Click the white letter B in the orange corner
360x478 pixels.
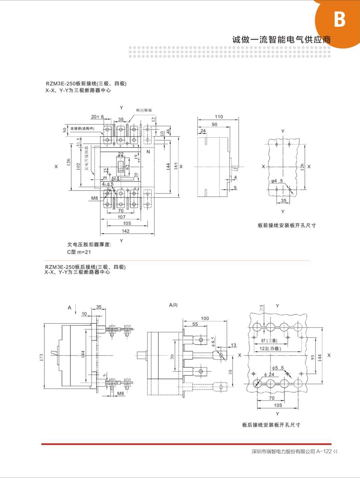click(x=339, y=19)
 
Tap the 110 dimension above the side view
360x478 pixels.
click(x=219, y=117)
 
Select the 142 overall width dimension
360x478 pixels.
click(x=126, y=231)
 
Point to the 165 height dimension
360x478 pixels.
click(x=176, y=166)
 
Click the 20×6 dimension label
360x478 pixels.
click(x=97, y=117)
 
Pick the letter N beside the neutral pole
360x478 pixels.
click(x=148, y=152)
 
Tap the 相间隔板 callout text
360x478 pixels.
click(x=144, y=110)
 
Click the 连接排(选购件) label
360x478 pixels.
click(x=82, y=129)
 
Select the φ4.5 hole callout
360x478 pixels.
click(x=277, y=181)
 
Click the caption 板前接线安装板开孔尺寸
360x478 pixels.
click(x=287, y=225)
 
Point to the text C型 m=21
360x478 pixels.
click(x=79, y=252)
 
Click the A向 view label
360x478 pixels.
click(x=173, y=305)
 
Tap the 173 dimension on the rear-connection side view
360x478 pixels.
click(x=41, y=357)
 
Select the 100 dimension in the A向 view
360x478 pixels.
click(x=205, y=318)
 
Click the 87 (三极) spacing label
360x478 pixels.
click(x=269, y=341)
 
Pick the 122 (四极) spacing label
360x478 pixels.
click(x=270, y=349)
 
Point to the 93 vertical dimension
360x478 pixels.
click(x=313, y=357)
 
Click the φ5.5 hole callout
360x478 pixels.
click(x=277, y=368)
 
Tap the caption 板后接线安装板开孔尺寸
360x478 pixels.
click(x=271, y=425)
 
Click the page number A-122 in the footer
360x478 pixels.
click(x=324, y=451)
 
